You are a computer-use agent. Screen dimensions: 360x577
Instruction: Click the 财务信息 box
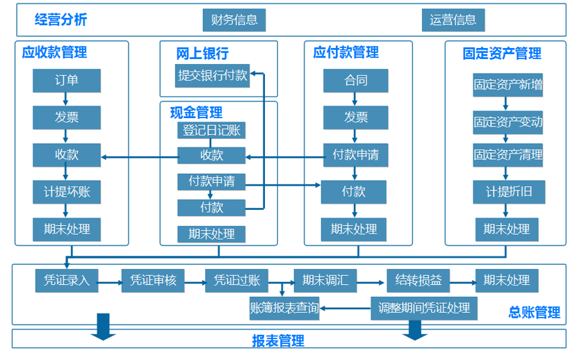[x=236, y=19]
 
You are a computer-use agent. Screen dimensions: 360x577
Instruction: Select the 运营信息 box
[x=453, y=19]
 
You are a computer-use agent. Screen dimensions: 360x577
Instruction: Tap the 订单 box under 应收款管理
[x=67, y=81]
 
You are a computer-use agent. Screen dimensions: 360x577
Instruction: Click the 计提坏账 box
[x=67, y=192]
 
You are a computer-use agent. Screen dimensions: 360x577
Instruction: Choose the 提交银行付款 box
[x=213, y=76]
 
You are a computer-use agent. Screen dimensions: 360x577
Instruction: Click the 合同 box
[x=355, y=81]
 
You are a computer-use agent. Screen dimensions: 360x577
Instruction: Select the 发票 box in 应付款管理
[x=355, y=117]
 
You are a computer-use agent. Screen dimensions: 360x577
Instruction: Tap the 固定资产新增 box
[x=507, y=85]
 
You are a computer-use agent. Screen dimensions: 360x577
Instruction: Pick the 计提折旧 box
[x=507, y=192]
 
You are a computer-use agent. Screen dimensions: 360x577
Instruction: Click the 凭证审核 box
[x=153, y=281]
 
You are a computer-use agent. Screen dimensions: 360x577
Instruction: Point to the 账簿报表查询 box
[x=284, y=307]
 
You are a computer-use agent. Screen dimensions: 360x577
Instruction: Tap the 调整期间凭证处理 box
[x=424, y=307]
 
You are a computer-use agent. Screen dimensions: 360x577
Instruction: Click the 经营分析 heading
[x=61, y=20]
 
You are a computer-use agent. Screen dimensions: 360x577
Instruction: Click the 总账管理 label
[x=534, y=313]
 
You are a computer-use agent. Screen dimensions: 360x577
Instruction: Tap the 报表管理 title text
[x=278, y=341]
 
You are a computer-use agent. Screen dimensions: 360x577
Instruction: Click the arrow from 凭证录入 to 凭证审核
[x=110, y=281]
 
